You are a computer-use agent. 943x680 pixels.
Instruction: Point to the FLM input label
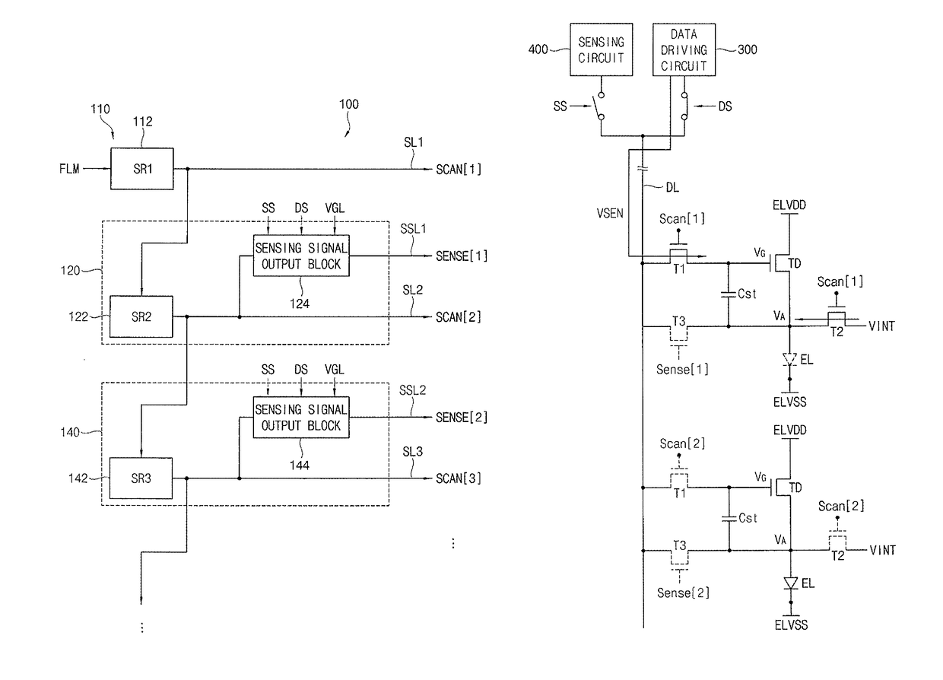pos(69,169)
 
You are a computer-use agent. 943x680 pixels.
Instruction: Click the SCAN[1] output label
pos(458,170)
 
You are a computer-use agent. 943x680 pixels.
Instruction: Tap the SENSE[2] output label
pos(462,418)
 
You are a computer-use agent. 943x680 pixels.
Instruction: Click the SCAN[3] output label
pos(458,478)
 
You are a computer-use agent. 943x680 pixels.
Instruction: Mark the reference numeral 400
pos(538,49)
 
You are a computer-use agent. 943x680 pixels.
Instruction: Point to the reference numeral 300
pos(748,49)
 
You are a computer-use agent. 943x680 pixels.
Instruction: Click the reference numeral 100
pos(349,104)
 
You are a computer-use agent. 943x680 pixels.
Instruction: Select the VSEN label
pos(610,214)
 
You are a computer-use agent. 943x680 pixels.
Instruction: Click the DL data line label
pos(672,187)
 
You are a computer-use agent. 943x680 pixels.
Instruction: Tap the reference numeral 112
pos(143,122)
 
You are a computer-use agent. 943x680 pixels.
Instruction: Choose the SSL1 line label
pos(413,229)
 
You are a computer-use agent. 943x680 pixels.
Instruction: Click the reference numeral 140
pos(70,432)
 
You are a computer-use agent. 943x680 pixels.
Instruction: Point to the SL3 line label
pos(412,451)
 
